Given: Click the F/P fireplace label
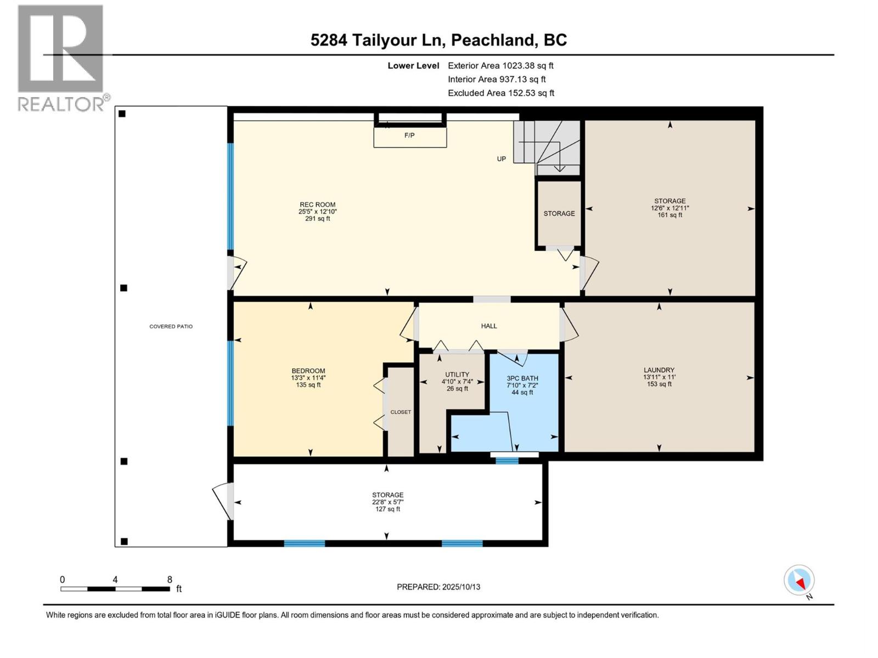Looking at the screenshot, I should pos(409,135).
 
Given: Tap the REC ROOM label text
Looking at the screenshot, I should pos(317,205).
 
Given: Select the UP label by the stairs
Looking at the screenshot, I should pos(501,159).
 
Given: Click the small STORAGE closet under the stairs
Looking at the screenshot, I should pos(559,213).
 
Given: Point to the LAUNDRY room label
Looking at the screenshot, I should pos(658,370).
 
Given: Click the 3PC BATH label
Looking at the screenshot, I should pos(522,378).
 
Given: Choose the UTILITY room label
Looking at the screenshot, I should pos(457,375).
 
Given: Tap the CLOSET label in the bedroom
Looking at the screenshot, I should pos(401,412).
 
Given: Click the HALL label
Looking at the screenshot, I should pos(488,326).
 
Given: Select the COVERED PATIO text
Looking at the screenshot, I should pos(171,326).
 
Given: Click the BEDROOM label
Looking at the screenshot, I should pos(308,371).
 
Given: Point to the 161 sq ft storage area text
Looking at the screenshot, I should pos(669,215).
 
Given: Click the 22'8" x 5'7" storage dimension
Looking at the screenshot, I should pos(387,502).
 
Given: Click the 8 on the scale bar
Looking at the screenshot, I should pos(170,580).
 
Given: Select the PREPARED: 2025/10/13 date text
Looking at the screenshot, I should pos(438,587).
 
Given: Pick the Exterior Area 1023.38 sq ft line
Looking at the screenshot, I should pos(500,65).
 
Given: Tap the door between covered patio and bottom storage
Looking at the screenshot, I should pos(223,501).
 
